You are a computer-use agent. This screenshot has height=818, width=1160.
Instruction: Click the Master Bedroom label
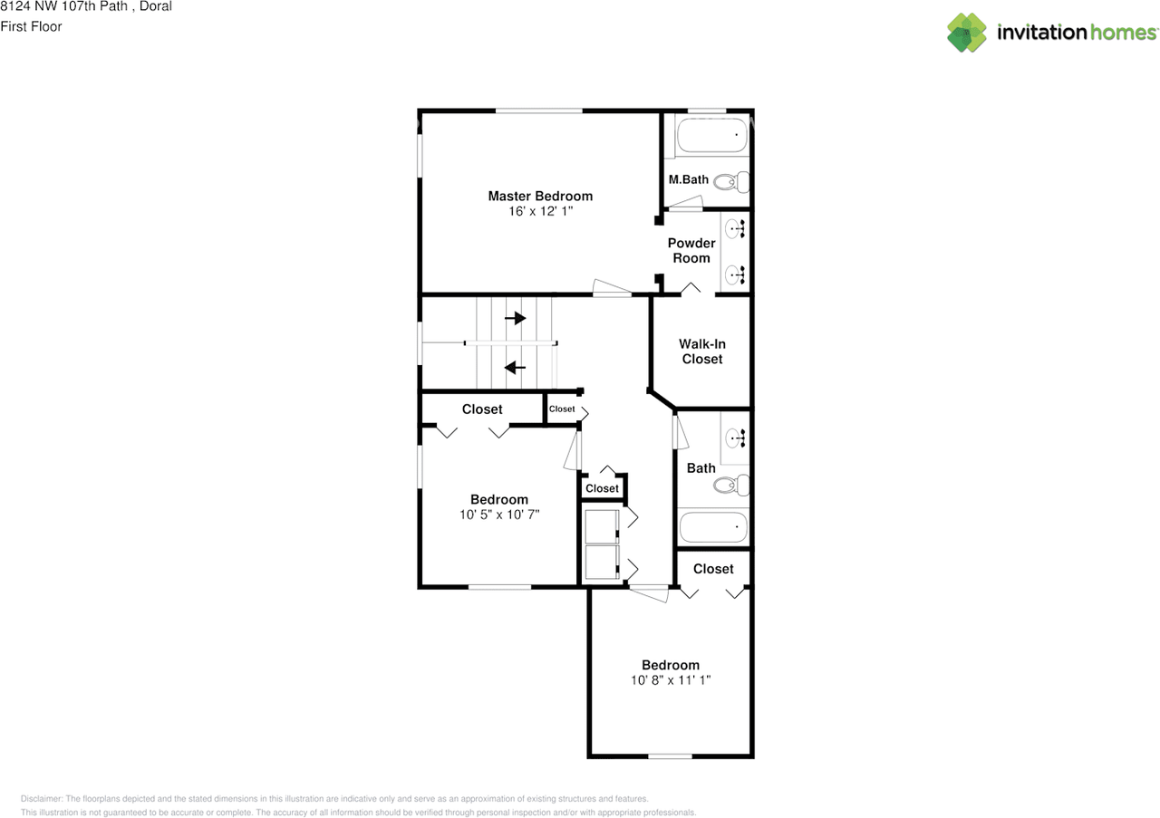[540, 197]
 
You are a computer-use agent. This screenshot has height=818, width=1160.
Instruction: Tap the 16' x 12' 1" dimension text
[541, 211]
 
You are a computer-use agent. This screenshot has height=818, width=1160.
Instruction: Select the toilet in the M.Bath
[731, 182]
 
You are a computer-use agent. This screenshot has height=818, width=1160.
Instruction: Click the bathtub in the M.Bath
[711, 135]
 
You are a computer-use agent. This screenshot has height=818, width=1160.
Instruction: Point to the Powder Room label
[691, 251]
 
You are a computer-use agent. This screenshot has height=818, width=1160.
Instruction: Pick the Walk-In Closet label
[702, 351]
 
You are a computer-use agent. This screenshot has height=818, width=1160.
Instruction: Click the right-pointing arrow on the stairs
[516, 318]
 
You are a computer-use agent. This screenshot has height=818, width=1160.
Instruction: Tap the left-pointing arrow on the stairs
[516, 368]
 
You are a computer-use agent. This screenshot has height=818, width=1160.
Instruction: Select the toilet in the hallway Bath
[731, 486]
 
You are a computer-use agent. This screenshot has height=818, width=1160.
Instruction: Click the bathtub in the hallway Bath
[713, 526]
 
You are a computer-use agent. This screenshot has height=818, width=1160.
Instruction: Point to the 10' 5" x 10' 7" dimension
[499, 515]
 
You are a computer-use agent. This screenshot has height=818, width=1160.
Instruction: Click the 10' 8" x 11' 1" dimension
[671, 680]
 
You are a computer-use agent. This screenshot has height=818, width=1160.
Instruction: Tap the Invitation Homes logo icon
[967, 33]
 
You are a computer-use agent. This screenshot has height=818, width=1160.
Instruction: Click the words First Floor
[31, 26]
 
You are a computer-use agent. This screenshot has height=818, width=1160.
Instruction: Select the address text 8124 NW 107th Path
[63, 6]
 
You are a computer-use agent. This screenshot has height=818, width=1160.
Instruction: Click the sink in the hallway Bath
[735, 438]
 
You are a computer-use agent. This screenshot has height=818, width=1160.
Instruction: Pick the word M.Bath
[688, 179]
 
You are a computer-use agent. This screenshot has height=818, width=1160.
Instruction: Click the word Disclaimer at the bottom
[41, 799]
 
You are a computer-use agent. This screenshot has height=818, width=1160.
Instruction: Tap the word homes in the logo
[1123, 32]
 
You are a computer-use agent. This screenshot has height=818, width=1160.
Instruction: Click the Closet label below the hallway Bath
[713, 569]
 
